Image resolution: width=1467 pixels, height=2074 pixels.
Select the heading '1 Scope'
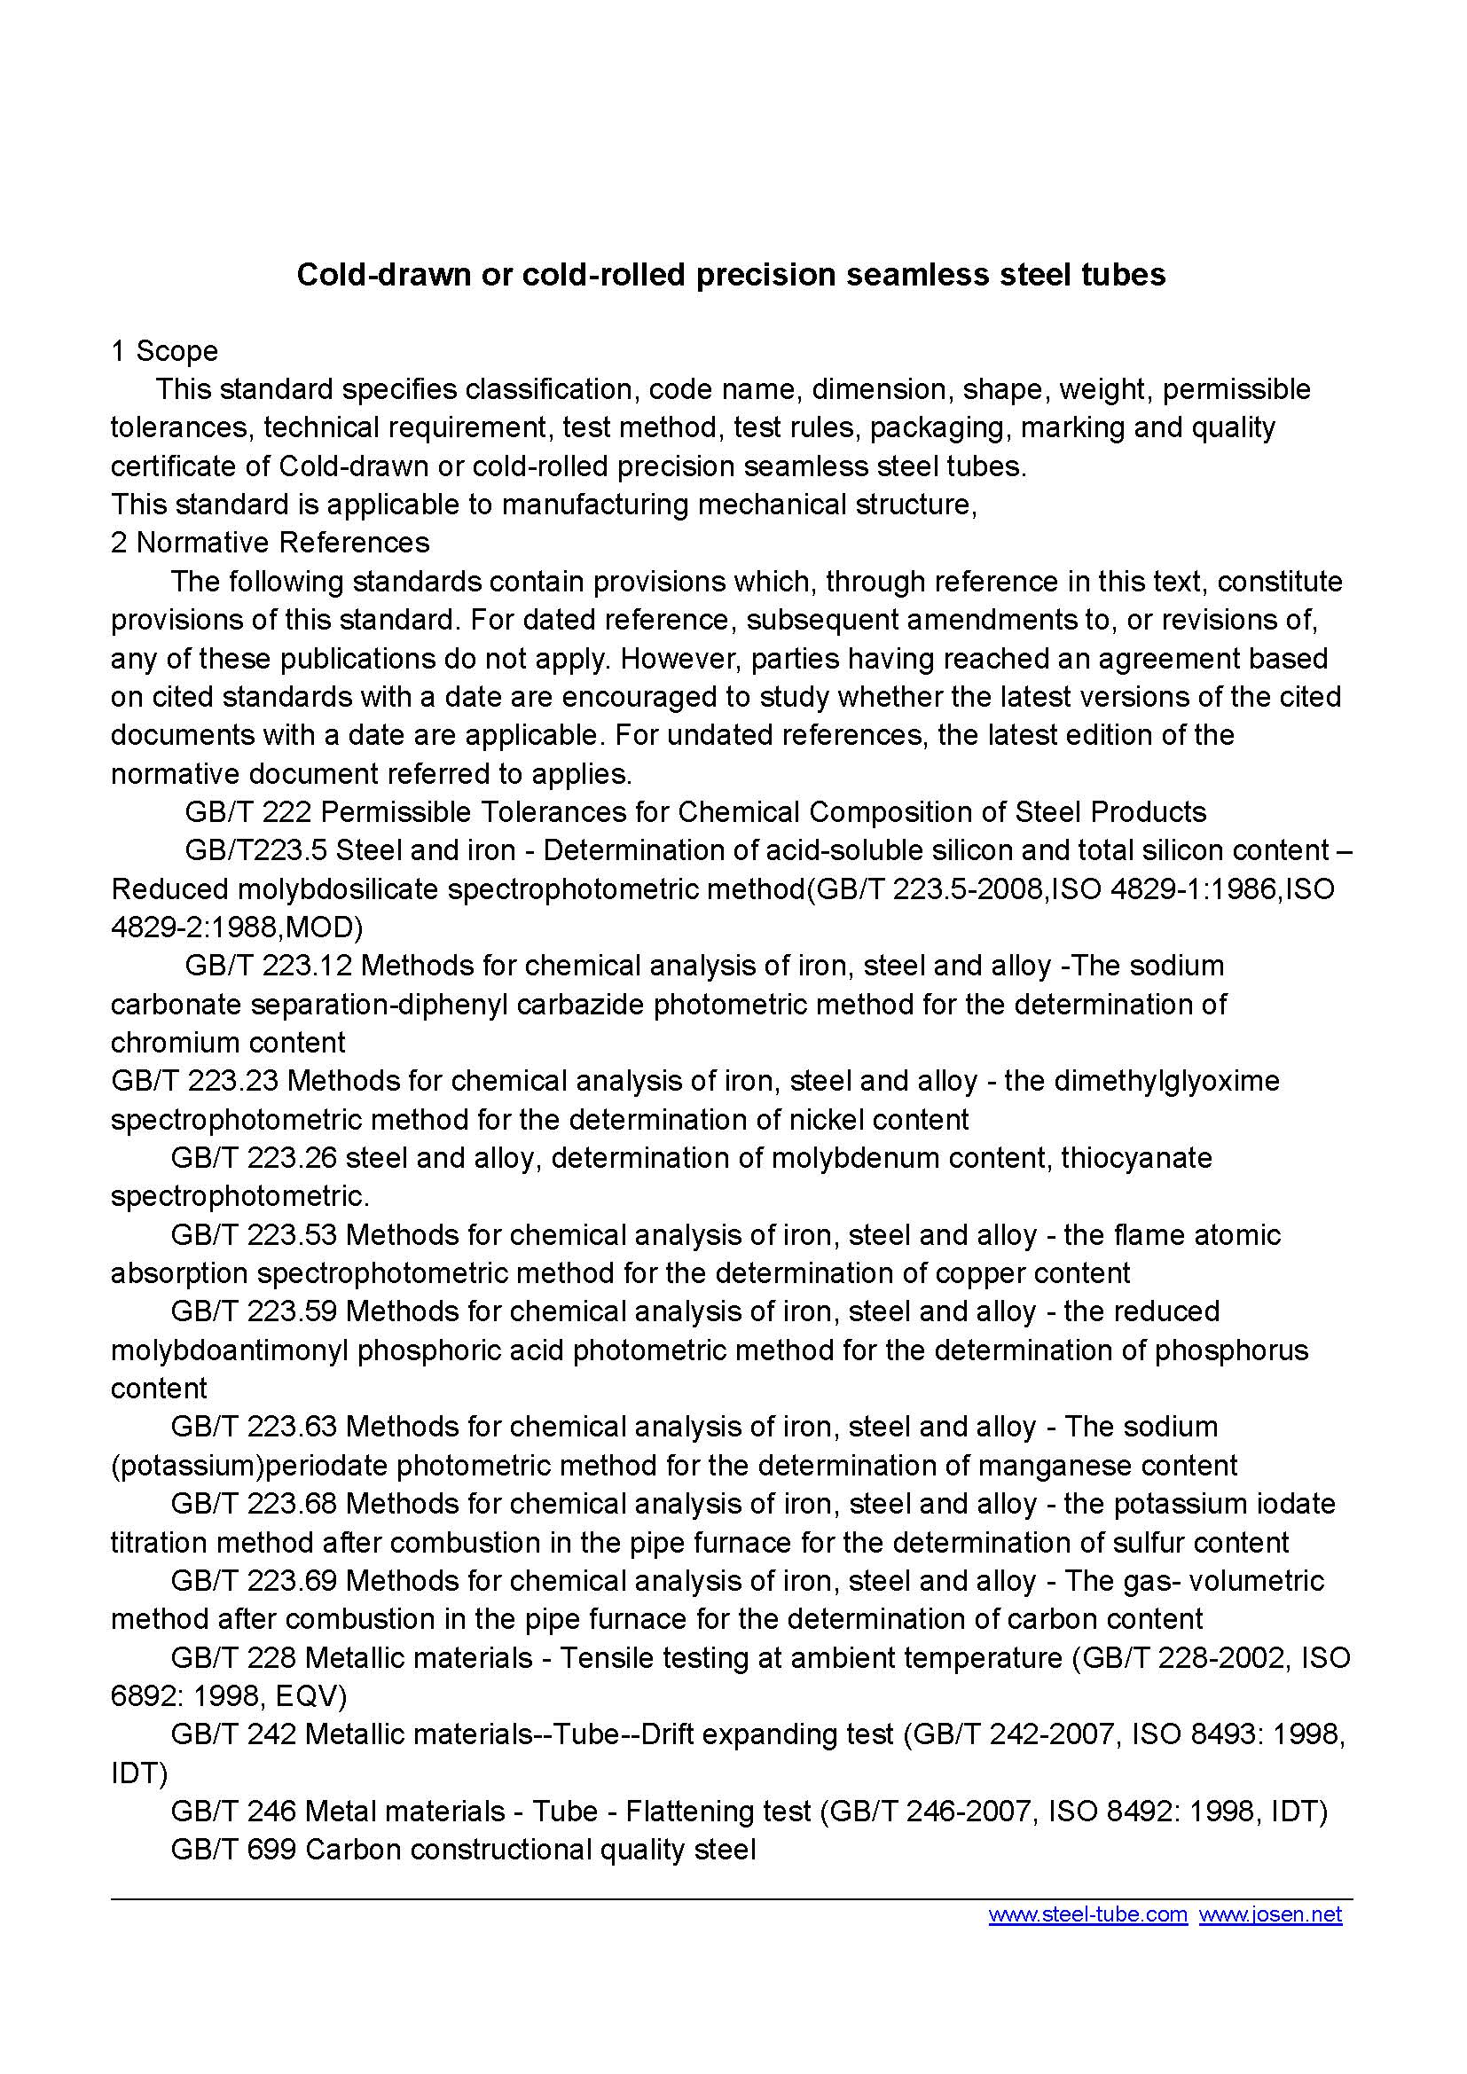pyautogui.click(x=164, y=350)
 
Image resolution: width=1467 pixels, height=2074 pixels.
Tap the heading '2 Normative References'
pyautogui.click(x=271, y=542)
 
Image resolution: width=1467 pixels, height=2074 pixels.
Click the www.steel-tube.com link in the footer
pyautogui.click(x=1087, y=1914)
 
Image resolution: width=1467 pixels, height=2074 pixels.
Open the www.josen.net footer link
pyautogui.click(x=1270, y=1914)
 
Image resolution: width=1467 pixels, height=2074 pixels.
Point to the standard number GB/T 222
pyautogui.click(x=247, y=812)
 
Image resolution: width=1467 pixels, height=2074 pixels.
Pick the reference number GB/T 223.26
pyautogui.click(x=253, y=1158)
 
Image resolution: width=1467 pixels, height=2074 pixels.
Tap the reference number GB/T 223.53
pyautogui.click(x=253, y=1235)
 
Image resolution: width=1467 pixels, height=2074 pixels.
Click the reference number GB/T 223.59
pyautogui.click(x=253, y=1311)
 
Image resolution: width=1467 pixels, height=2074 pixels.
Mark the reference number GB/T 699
pyautogui.click(x=233, y=1850)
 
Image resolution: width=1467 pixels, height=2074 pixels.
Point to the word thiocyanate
pyautogui.click(x=1136, y=1158)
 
